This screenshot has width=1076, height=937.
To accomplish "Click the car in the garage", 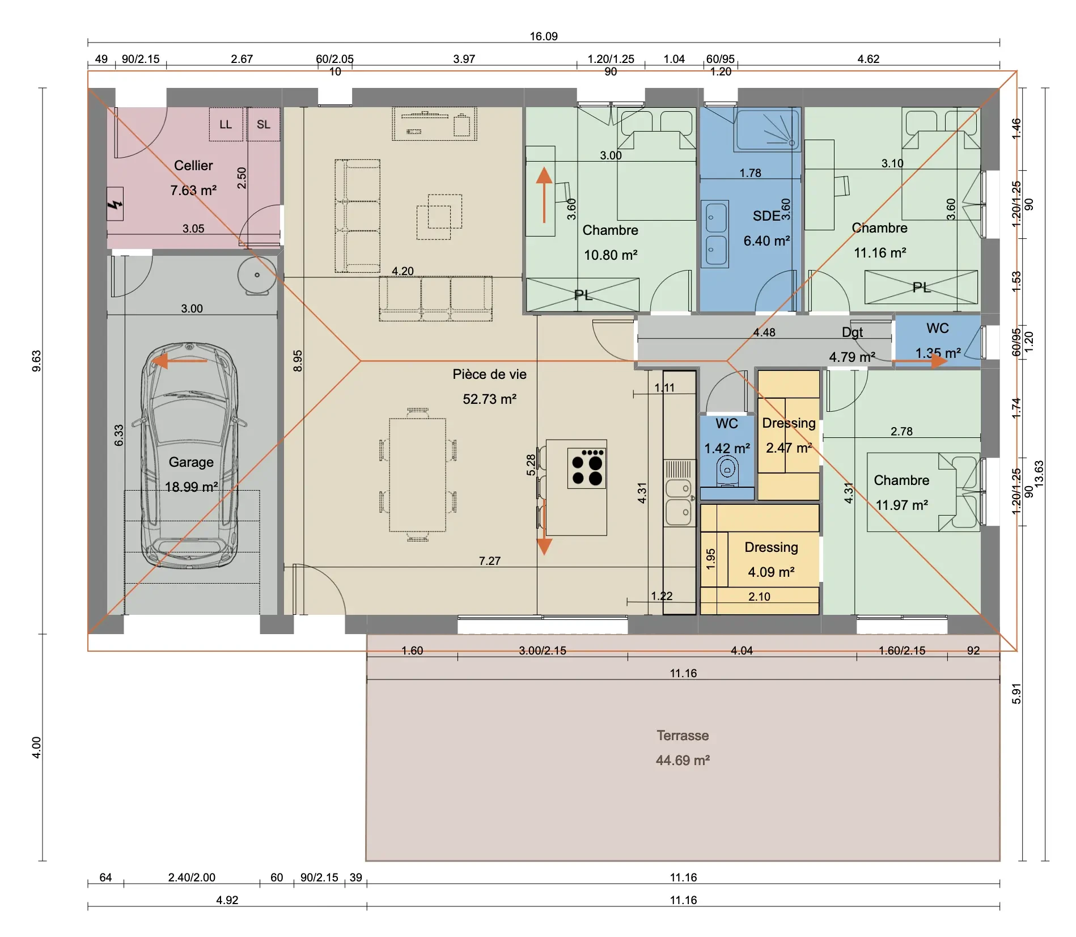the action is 189,455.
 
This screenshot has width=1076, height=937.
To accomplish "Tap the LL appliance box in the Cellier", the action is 226,124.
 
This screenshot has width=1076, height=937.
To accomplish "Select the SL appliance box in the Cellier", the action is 264,124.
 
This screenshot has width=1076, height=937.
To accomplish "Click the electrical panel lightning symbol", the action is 115,204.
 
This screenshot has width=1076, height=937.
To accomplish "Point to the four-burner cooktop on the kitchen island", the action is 587,468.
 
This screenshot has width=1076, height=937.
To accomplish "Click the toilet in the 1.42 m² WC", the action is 727,470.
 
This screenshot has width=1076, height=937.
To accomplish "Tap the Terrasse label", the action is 683,736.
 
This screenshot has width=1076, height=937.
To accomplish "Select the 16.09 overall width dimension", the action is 544,36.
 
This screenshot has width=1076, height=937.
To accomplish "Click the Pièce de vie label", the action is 489,374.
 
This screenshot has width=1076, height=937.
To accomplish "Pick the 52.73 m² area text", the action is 489,399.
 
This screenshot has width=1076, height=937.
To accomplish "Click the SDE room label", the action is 766,216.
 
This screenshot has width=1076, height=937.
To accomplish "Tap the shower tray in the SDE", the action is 767,130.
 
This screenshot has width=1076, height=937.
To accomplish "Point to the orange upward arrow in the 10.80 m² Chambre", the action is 544,195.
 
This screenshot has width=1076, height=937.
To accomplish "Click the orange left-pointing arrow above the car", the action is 180,361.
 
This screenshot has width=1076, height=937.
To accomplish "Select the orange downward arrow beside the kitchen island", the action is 544,527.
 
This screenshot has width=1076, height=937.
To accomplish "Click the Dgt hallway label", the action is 852,332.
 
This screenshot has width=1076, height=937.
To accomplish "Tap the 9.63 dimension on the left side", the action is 36,361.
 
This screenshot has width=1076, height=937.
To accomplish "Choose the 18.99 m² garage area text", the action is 191,487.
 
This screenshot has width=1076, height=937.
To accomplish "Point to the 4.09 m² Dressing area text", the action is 771,572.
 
